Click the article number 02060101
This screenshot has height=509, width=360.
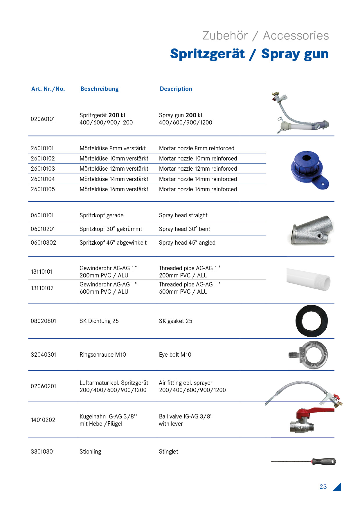43,119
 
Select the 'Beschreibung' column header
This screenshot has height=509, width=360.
100,89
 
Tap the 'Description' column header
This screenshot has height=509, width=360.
176,89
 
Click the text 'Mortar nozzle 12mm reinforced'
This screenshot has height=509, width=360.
198,169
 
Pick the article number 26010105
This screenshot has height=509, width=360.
43,189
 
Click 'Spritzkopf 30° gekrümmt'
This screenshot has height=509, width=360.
111,229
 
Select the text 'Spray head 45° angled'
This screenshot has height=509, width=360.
187,243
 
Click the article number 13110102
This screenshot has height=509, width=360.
42,288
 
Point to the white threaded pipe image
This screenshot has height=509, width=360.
308,279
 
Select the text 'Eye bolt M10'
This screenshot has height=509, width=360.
175,355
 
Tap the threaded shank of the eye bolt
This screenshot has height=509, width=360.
293,355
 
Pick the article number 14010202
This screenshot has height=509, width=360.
43,420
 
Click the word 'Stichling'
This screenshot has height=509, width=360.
90,452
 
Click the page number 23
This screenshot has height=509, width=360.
323,487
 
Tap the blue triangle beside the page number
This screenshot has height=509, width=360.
338,488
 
